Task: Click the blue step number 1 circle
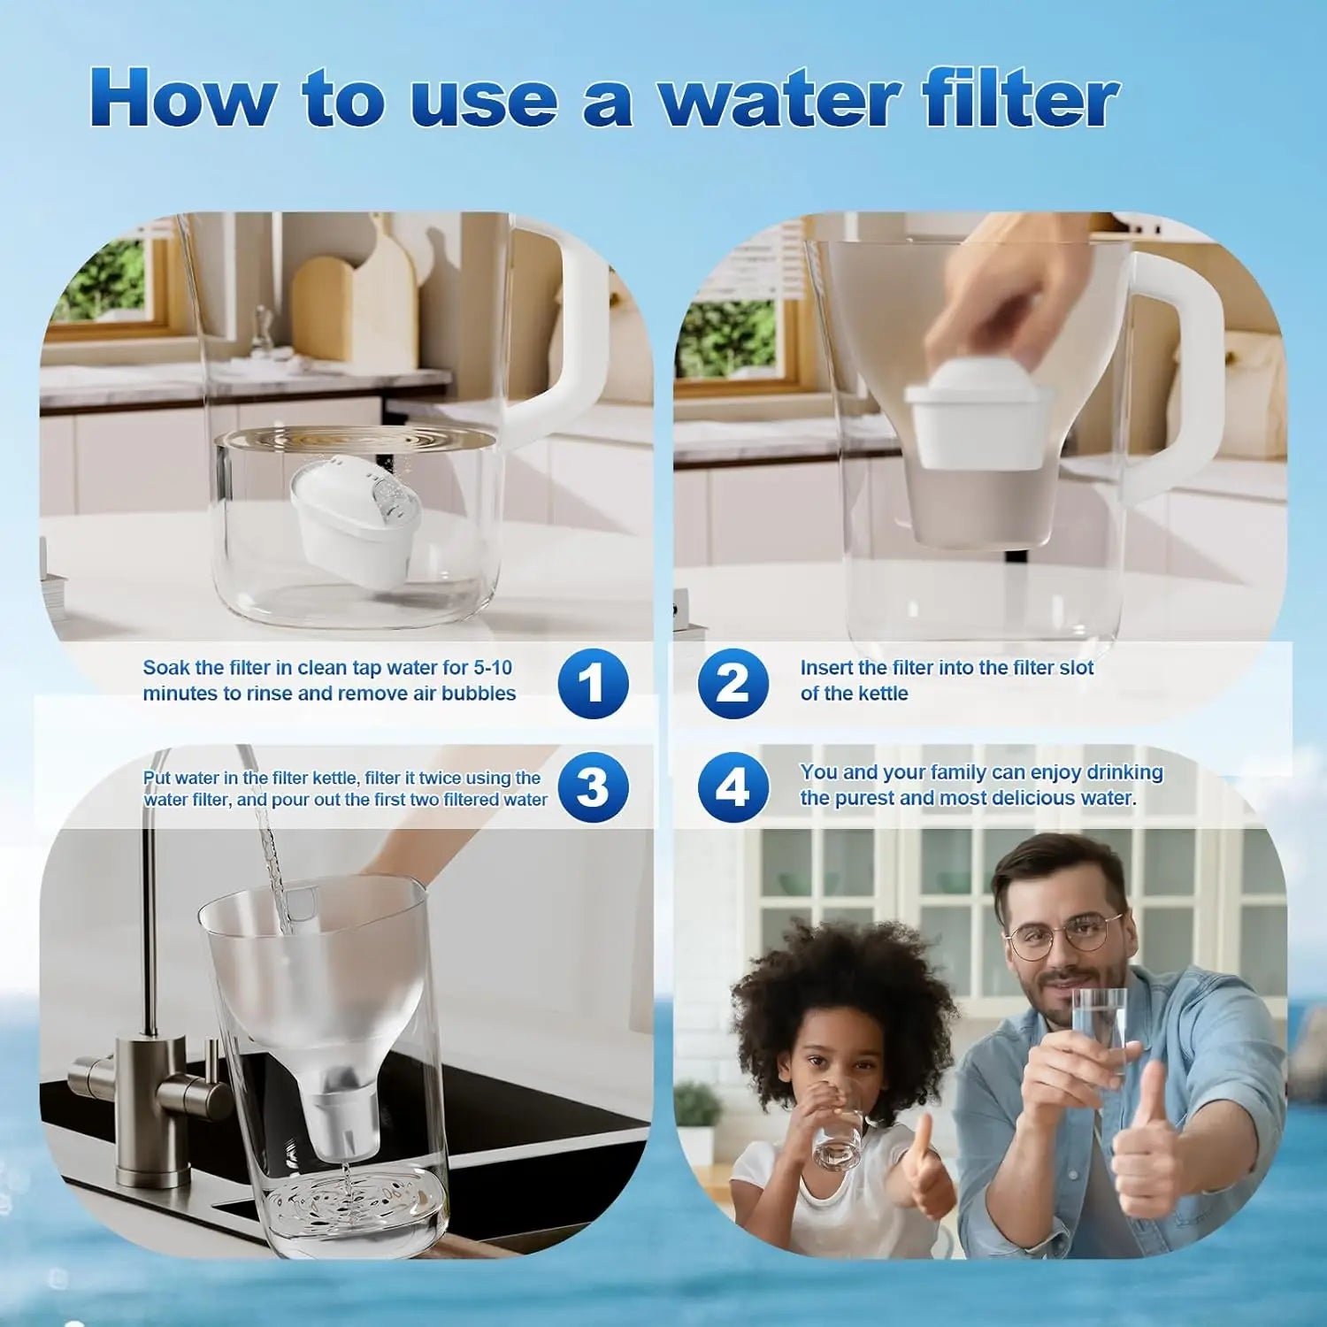[x=593, y=684]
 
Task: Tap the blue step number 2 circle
[x=733, y=684]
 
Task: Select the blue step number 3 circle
[x=593, y=787]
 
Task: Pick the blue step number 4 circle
[x=733, y=787]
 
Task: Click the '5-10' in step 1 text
[x=492, y=668]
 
